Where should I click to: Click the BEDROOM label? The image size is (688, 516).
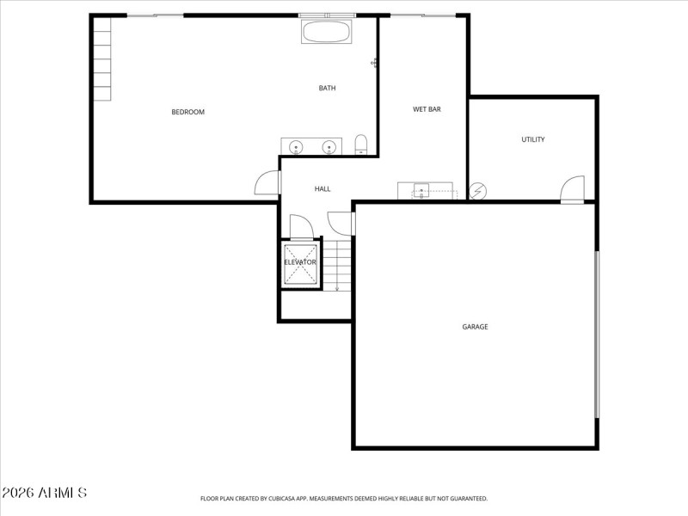tap(187, 112)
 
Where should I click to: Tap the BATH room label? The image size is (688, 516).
tap(327, 88)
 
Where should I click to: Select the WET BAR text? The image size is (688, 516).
tap(427, 109)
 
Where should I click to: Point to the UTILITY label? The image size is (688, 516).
tap(532, 139)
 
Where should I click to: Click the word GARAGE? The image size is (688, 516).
tap(475, 327)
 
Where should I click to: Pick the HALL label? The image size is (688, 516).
tap(322, 189)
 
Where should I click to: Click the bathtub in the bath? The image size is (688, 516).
tap(326, 33)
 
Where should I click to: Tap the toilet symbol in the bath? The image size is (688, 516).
tap(361, 144)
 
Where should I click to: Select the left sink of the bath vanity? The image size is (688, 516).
tap(296, 147)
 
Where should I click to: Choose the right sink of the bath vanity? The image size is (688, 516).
tap(328, 147)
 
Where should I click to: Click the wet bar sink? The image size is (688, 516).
tap(421, 190)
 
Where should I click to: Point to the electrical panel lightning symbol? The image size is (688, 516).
tap(478, 191)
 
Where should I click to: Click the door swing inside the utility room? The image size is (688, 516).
tap(573, 188)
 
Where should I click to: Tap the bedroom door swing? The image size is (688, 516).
tap(267, 182)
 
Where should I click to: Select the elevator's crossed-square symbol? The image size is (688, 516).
tap(300, 263)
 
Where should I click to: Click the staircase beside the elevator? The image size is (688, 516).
tap(337, 265)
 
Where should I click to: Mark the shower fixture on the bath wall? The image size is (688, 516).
tap(375, 62)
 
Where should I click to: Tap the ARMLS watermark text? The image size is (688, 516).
tap(45, 493)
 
